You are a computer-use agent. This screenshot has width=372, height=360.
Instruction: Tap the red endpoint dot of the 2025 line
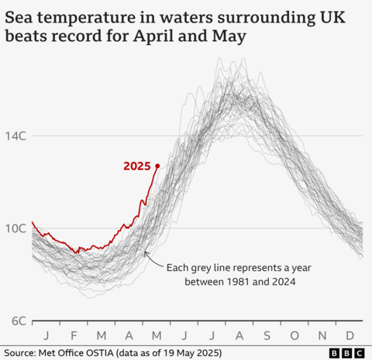coord(157,166)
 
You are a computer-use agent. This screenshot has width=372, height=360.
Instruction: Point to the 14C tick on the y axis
coord(16,136)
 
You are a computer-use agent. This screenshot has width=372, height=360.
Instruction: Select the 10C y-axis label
coord(16,228)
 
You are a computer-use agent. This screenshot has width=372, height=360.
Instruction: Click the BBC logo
coord(346,353)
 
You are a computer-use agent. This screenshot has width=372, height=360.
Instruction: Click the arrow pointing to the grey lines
coord(154,259)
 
